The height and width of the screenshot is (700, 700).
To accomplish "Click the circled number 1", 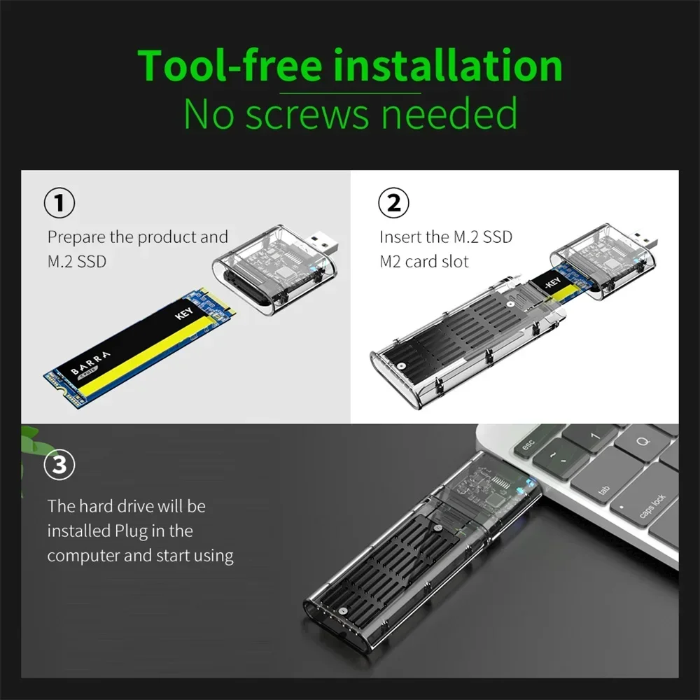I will point(59,204).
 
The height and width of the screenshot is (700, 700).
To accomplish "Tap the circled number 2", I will point(393,204).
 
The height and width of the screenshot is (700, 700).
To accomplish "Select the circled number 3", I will point(59,465).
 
